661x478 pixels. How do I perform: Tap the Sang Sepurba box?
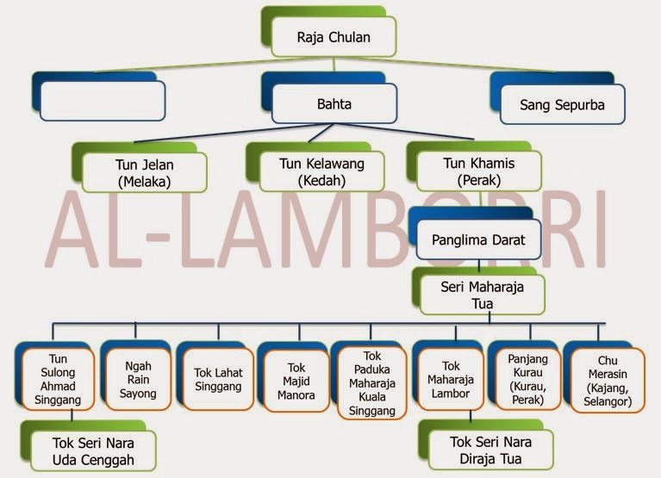[562, 107]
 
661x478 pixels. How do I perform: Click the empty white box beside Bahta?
[103, 102]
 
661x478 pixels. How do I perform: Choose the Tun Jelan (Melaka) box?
[144, 172]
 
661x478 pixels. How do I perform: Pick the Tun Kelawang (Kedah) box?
[321, 172]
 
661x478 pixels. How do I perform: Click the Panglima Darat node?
[477, 239]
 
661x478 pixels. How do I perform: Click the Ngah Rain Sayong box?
[137, 379]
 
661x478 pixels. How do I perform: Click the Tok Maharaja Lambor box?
[450, 380]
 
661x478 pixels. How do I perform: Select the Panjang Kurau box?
[527, 379]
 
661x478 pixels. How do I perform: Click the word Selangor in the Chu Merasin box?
[611, 401]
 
